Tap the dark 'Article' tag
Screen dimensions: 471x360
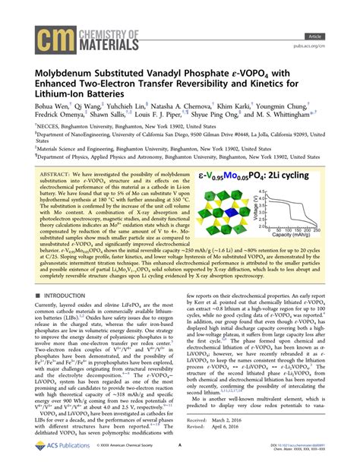coord(333,14)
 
